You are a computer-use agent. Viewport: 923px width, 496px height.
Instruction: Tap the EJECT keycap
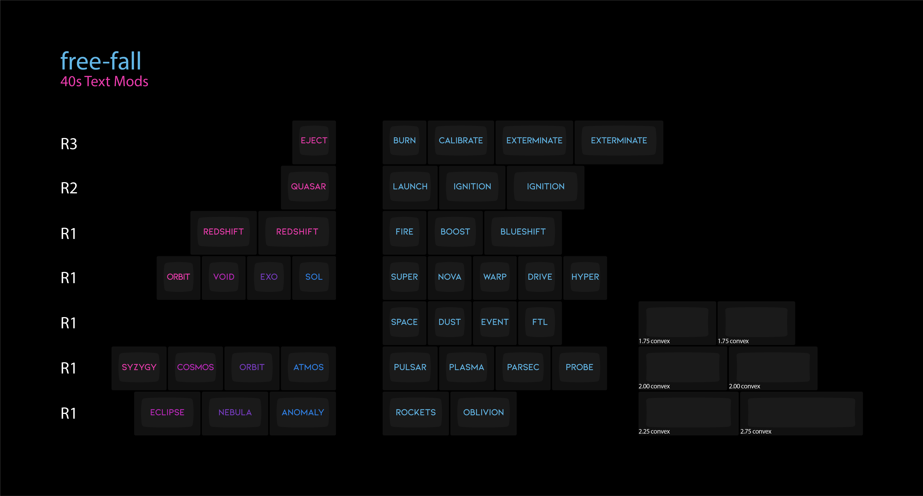tap(314, 141)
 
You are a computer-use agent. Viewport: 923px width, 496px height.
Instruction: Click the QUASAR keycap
tap(308, 186)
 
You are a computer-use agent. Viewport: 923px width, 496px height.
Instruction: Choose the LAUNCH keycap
tap(410, 186)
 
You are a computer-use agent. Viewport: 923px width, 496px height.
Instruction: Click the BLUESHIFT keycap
tap(523, 232)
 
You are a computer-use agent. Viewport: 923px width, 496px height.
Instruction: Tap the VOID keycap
tap(224, 277)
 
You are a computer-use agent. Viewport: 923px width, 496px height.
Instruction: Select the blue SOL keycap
tap(314, 277)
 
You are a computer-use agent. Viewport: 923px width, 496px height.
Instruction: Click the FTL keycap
tap(540, 322)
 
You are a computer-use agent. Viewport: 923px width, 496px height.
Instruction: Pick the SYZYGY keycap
tap(139, 367)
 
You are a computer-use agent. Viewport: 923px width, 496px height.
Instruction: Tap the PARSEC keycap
tap(523, 367)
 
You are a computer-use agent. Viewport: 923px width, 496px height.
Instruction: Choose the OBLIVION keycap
tap(483, 412)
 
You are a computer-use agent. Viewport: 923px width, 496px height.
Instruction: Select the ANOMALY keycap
tap(303, 412)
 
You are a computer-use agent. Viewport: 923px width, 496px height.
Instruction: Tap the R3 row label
tap(69, 144)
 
